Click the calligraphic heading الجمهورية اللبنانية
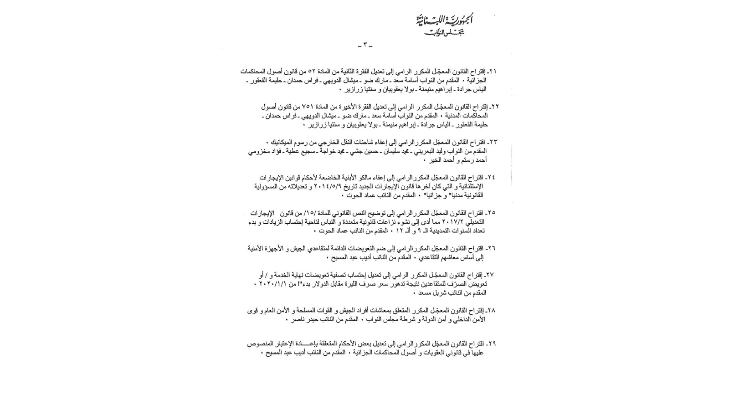(444, 20)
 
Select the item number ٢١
(492, 72)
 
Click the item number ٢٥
(491, 213)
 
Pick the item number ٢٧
(490, 275)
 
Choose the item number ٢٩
(491, 344)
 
